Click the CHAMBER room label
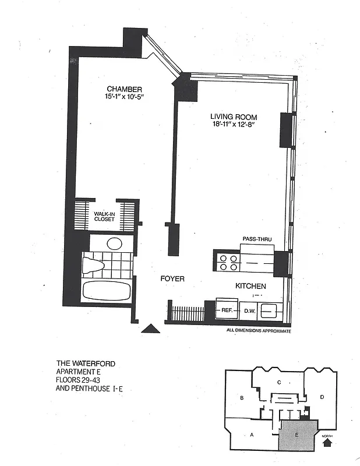(x=124, y=89)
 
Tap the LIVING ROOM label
(x=234, y=116)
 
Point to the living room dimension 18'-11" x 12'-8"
(x=234, y=124)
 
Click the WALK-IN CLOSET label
(x=105, y=217)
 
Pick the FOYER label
(x=172, y=279)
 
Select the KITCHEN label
(x=250, y=286)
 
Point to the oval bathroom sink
(x=115, y=243)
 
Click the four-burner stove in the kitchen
(x=227, y=262)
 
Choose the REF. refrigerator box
(x=227, y=310)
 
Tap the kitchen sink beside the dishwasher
(x=269, y=310)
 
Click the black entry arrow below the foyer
(x=151, y=329)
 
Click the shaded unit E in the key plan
(x=297, y=435)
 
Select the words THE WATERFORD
(x=86, y=363)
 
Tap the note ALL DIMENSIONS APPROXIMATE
(x=258, y=330)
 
